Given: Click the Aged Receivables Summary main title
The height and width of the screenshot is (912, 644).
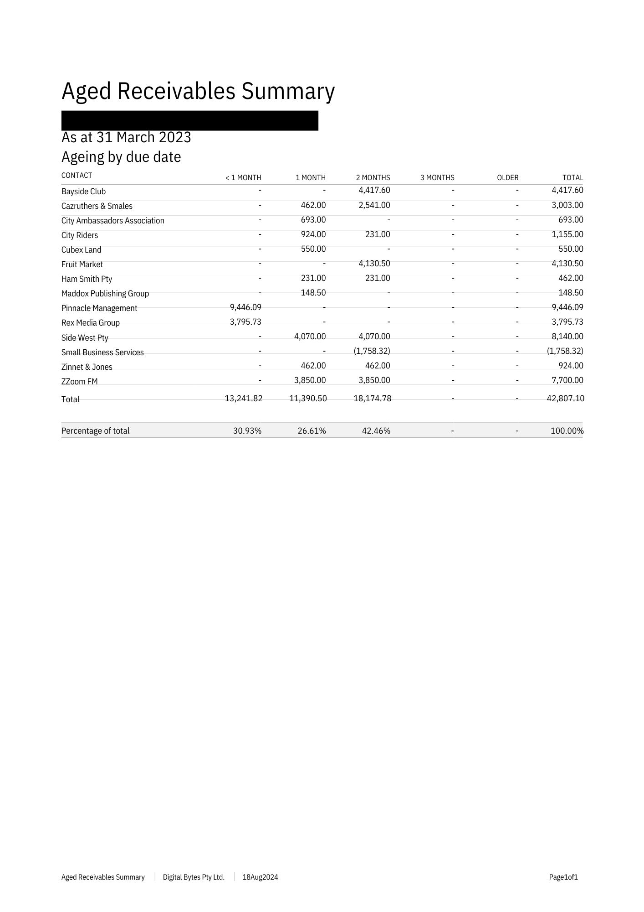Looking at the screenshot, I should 198,91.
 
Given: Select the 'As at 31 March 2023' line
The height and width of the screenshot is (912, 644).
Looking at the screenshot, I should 126,137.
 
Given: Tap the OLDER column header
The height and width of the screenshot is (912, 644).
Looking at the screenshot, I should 507,177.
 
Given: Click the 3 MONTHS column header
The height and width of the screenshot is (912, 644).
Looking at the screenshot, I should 437,177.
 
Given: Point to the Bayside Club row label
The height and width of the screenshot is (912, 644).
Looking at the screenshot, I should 83,192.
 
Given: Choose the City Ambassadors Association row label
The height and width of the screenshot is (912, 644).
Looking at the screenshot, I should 112,221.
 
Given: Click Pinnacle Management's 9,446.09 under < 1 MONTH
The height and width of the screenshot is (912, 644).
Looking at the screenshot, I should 245,307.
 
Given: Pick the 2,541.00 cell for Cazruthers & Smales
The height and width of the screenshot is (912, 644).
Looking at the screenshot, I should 374,205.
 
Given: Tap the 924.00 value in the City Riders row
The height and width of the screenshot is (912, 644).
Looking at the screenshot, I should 313,234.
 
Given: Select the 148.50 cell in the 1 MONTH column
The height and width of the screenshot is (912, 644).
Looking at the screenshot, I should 313,293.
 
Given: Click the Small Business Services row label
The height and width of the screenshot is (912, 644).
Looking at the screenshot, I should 102,352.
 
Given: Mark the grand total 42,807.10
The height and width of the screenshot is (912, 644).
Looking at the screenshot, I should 565,399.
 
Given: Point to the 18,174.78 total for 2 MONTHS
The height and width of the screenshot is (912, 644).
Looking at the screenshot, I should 372,399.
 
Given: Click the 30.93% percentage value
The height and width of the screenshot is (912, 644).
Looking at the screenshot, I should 247,431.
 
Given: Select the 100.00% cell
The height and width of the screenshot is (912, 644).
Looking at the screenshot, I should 567,431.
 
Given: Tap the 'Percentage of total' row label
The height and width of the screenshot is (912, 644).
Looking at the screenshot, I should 95,431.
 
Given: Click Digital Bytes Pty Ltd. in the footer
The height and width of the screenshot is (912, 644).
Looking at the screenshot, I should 194,877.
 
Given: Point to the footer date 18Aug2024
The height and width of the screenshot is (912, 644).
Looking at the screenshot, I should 260,877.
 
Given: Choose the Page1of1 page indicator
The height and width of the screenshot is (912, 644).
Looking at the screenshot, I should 563,877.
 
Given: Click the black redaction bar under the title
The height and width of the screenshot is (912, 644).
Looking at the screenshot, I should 189,120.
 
